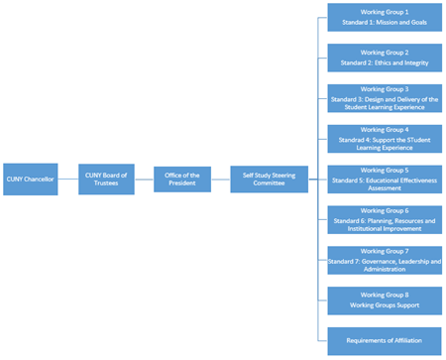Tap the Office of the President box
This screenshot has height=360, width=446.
click(x=181, y=180)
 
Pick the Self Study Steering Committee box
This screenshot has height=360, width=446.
click(x=270, y=180)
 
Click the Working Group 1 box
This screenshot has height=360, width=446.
click(x=384, y=18)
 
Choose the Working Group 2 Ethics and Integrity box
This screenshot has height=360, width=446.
click(x=384, y=58)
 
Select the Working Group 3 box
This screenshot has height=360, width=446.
click(x=384, y=98)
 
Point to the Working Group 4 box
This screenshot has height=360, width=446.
click(x=384, y=139)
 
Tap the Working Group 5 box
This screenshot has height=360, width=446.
click(x=384, y=180)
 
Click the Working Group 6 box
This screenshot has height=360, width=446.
click(x=384, y=219)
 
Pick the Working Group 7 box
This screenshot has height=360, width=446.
click(x=384, y=260)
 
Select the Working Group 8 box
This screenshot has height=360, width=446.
click(x=384, y=300)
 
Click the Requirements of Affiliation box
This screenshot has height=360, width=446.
click(x=384, y=340)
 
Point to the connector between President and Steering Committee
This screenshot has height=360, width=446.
click(x=220, y=180)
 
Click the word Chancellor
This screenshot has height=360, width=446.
click(x=40, y=180)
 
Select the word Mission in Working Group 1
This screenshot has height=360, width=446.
click(x=383, y=23)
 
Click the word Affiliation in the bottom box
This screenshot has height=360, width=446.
click(x=405, y=340)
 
